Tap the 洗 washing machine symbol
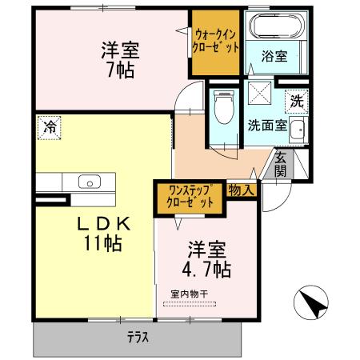[x=296, y=102]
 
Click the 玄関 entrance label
[x=281, y=164]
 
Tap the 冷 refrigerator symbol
[x=50, y=126]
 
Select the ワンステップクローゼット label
[x=189, y=197]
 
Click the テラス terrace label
[x=138, y=337]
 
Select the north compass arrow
[x=311, y=304]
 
